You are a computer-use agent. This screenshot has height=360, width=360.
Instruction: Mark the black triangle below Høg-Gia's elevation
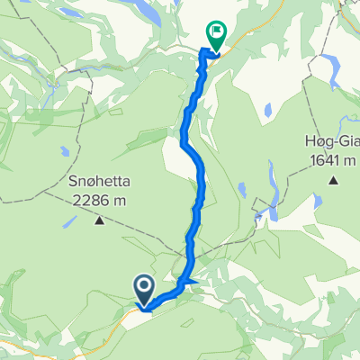[x=333, y=180]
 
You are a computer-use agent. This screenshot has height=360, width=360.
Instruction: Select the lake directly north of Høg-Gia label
[x=334, y=67]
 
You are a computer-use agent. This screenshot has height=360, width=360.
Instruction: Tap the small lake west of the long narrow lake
[x=244, y=190]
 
